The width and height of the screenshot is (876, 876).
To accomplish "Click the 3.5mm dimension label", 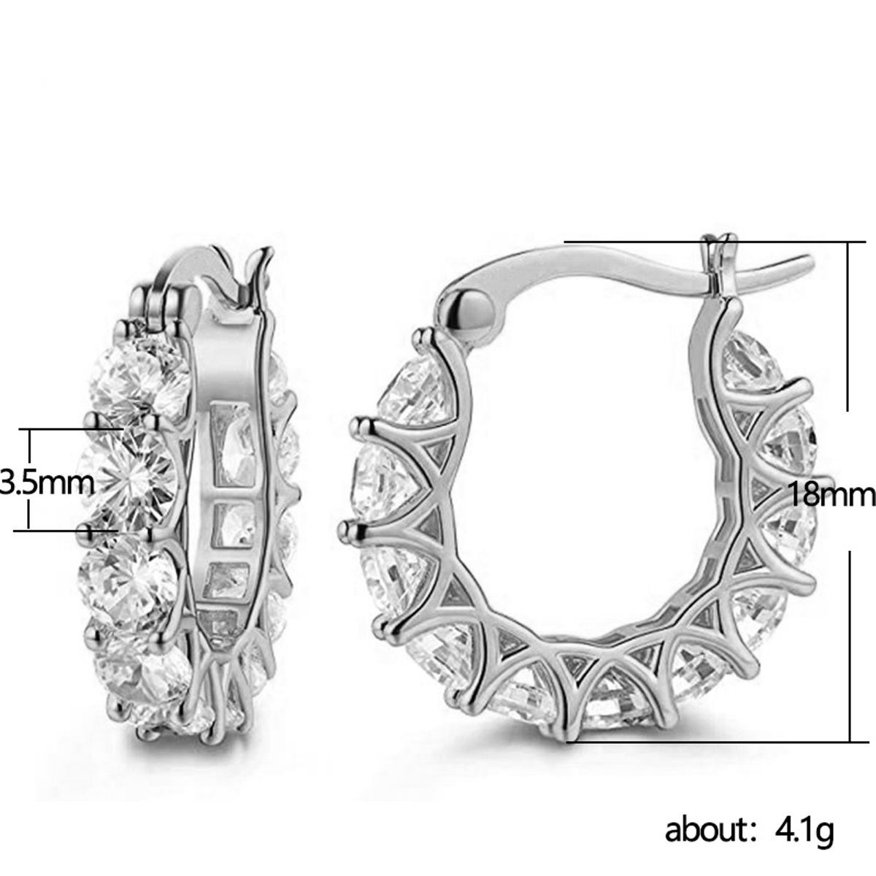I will (47, 483).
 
